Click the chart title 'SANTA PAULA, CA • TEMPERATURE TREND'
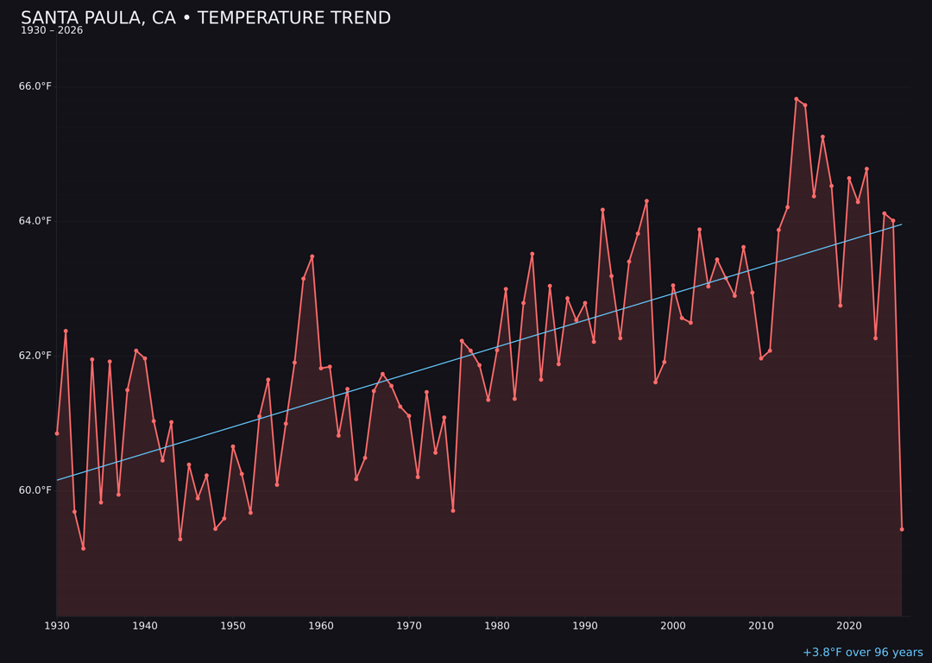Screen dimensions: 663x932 click(x=205, y=18)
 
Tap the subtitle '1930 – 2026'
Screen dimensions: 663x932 click(x=52, y=31)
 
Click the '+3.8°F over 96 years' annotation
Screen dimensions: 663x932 click(x=862, y=653)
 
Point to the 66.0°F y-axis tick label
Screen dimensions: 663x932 click(x=35, y=86)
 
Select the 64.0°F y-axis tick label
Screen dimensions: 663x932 click(x=35, y=221)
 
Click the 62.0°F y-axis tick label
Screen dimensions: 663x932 click(x=35, y=356)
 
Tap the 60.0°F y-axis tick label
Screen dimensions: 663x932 click(x=35, y=490)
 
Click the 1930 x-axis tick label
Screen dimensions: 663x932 click(x=57, y=625)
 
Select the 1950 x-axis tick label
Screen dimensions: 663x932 click(x=233, y=625)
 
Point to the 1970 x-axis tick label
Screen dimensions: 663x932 click(x=409, y=625)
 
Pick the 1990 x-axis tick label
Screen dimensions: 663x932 click(x=585, y=625)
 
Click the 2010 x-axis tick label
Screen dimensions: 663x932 click(x=761, y=625)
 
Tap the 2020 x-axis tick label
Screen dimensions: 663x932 click(x=849, y=625)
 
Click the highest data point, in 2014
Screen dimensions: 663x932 click(x=797, y=99)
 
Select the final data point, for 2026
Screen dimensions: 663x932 click(x=902, y=529)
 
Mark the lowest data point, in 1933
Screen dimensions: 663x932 click(x=84, y=548)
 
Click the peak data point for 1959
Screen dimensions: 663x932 click(x=312, y=256)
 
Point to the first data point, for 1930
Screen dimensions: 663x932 click(x=57, y=433)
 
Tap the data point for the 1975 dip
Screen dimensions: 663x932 click(x=453, y=510)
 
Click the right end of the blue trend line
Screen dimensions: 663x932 click(x=901, y=224)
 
